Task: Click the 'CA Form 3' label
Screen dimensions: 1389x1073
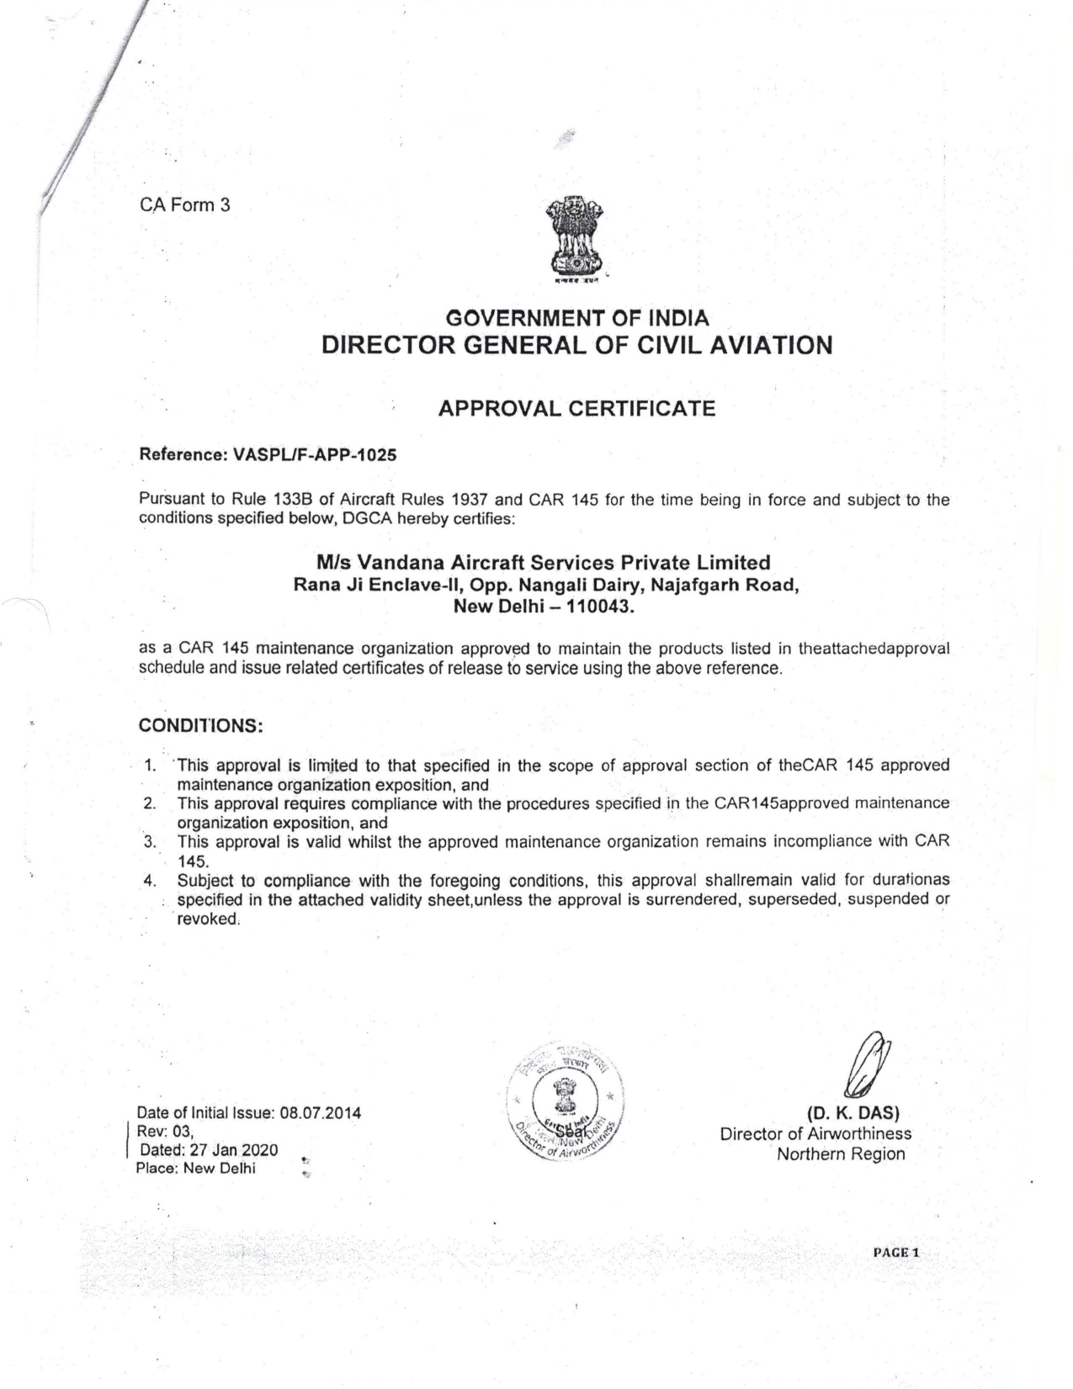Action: coord(183,204)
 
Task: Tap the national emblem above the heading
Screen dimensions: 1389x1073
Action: coord(576,239)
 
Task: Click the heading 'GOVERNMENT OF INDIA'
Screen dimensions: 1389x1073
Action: coord(576,319)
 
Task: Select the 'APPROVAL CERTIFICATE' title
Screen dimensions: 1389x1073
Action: coord(576,409)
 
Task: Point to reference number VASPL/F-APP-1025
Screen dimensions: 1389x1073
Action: coord(315,455)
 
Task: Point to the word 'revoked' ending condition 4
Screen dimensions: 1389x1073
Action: coord(208,919)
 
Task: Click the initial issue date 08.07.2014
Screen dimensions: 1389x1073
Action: coord(320,1113)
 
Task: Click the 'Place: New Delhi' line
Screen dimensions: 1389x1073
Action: coord(195,1169)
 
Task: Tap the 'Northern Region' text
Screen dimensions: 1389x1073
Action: coord(841,1153)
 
